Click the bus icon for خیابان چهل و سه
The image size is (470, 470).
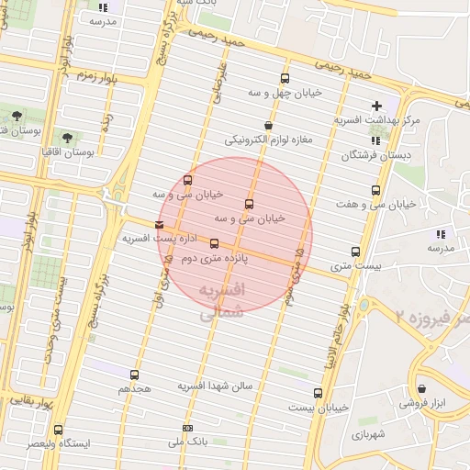[x=285, y=79]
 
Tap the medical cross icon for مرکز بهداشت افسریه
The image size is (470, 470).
[x=376, y=106]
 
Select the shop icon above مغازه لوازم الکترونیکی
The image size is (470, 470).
[x=268, y=126]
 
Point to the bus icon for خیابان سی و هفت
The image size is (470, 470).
[x=375, y=190]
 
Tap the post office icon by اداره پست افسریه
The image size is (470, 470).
[x=161, y=224]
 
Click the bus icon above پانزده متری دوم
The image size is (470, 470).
[x=215, y=244]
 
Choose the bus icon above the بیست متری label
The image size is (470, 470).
[x=355, y=252]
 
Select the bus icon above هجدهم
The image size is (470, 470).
[x=134, y=375]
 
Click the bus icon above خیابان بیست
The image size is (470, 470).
[x=318, y=393]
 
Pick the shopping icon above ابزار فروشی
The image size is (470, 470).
[x=421, y=388]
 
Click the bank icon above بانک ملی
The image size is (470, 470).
[x=188, y=429]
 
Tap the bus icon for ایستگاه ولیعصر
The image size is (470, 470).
[x=60, y=430]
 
